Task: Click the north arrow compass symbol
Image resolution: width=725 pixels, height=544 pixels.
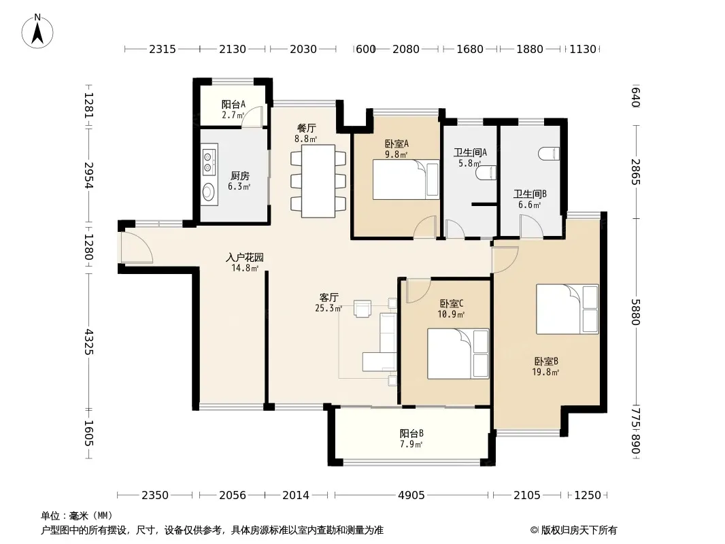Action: coord(37,31)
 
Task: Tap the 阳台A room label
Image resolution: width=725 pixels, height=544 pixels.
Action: coord(233,105)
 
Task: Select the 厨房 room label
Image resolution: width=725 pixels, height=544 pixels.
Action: coord(239,175)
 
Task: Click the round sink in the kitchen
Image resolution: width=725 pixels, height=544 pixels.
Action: coord(209,192)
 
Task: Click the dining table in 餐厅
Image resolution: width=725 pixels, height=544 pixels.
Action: coord(318,181)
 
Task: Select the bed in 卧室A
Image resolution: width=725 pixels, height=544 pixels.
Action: coord(406,180)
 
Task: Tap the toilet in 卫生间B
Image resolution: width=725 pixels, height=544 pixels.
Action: coord(550,154)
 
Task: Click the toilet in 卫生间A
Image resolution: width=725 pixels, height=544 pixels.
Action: coord(486,173)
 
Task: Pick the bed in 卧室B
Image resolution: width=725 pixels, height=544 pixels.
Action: coord(567,309)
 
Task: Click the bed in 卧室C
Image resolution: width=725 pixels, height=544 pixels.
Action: coord(458,354)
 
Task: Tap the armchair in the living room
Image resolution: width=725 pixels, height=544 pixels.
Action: coord(362,308)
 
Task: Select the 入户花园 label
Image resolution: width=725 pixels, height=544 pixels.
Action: coord(245,257)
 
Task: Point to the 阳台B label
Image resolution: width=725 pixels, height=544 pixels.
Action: coord(411,433)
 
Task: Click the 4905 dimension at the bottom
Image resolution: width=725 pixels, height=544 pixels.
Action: coord(411,495)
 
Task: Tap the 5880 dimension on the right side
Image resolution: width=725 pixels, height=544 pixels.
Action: coord(636,312)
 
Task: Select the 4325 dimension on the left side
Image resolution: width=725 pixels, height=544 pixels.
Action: coord(89,342)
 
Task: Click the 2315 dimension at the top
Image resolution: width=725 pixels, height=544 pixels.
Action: coord(163,49)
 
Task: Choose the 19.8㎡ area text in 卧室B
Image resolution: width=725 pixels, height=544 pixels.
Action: coord(545,372)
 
